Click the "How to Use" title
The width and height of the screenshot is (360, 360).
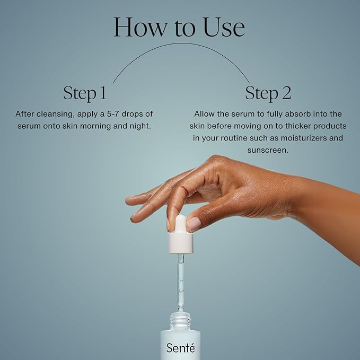pyautogui.click(x=179, y=27)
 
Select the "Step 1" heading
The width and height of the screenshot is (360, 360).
pyautogui.click(x=85, y=93)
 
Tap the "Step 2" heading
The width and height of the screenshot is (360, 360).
pyautogui.click(x=268, y=93)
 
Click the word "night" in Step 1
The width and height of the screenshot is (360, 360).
pyautogui.click(x=139, y=126)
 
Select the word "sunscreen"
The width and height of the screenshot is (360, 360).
pyautogui.click(x=268, y=150)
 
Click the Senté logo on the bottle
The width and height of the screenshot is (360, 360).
pyautogui.click(x=180, y=348)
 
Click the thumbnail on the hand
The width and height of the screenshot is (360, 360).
pyautogui.click(x=194, y=224)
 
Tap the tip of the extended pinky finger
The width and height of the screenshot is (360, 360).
pyautogui.click(x=129, y=200)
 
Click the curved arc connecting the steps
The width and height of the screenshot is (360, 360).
pyautogui.click(x=180, y=45)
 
